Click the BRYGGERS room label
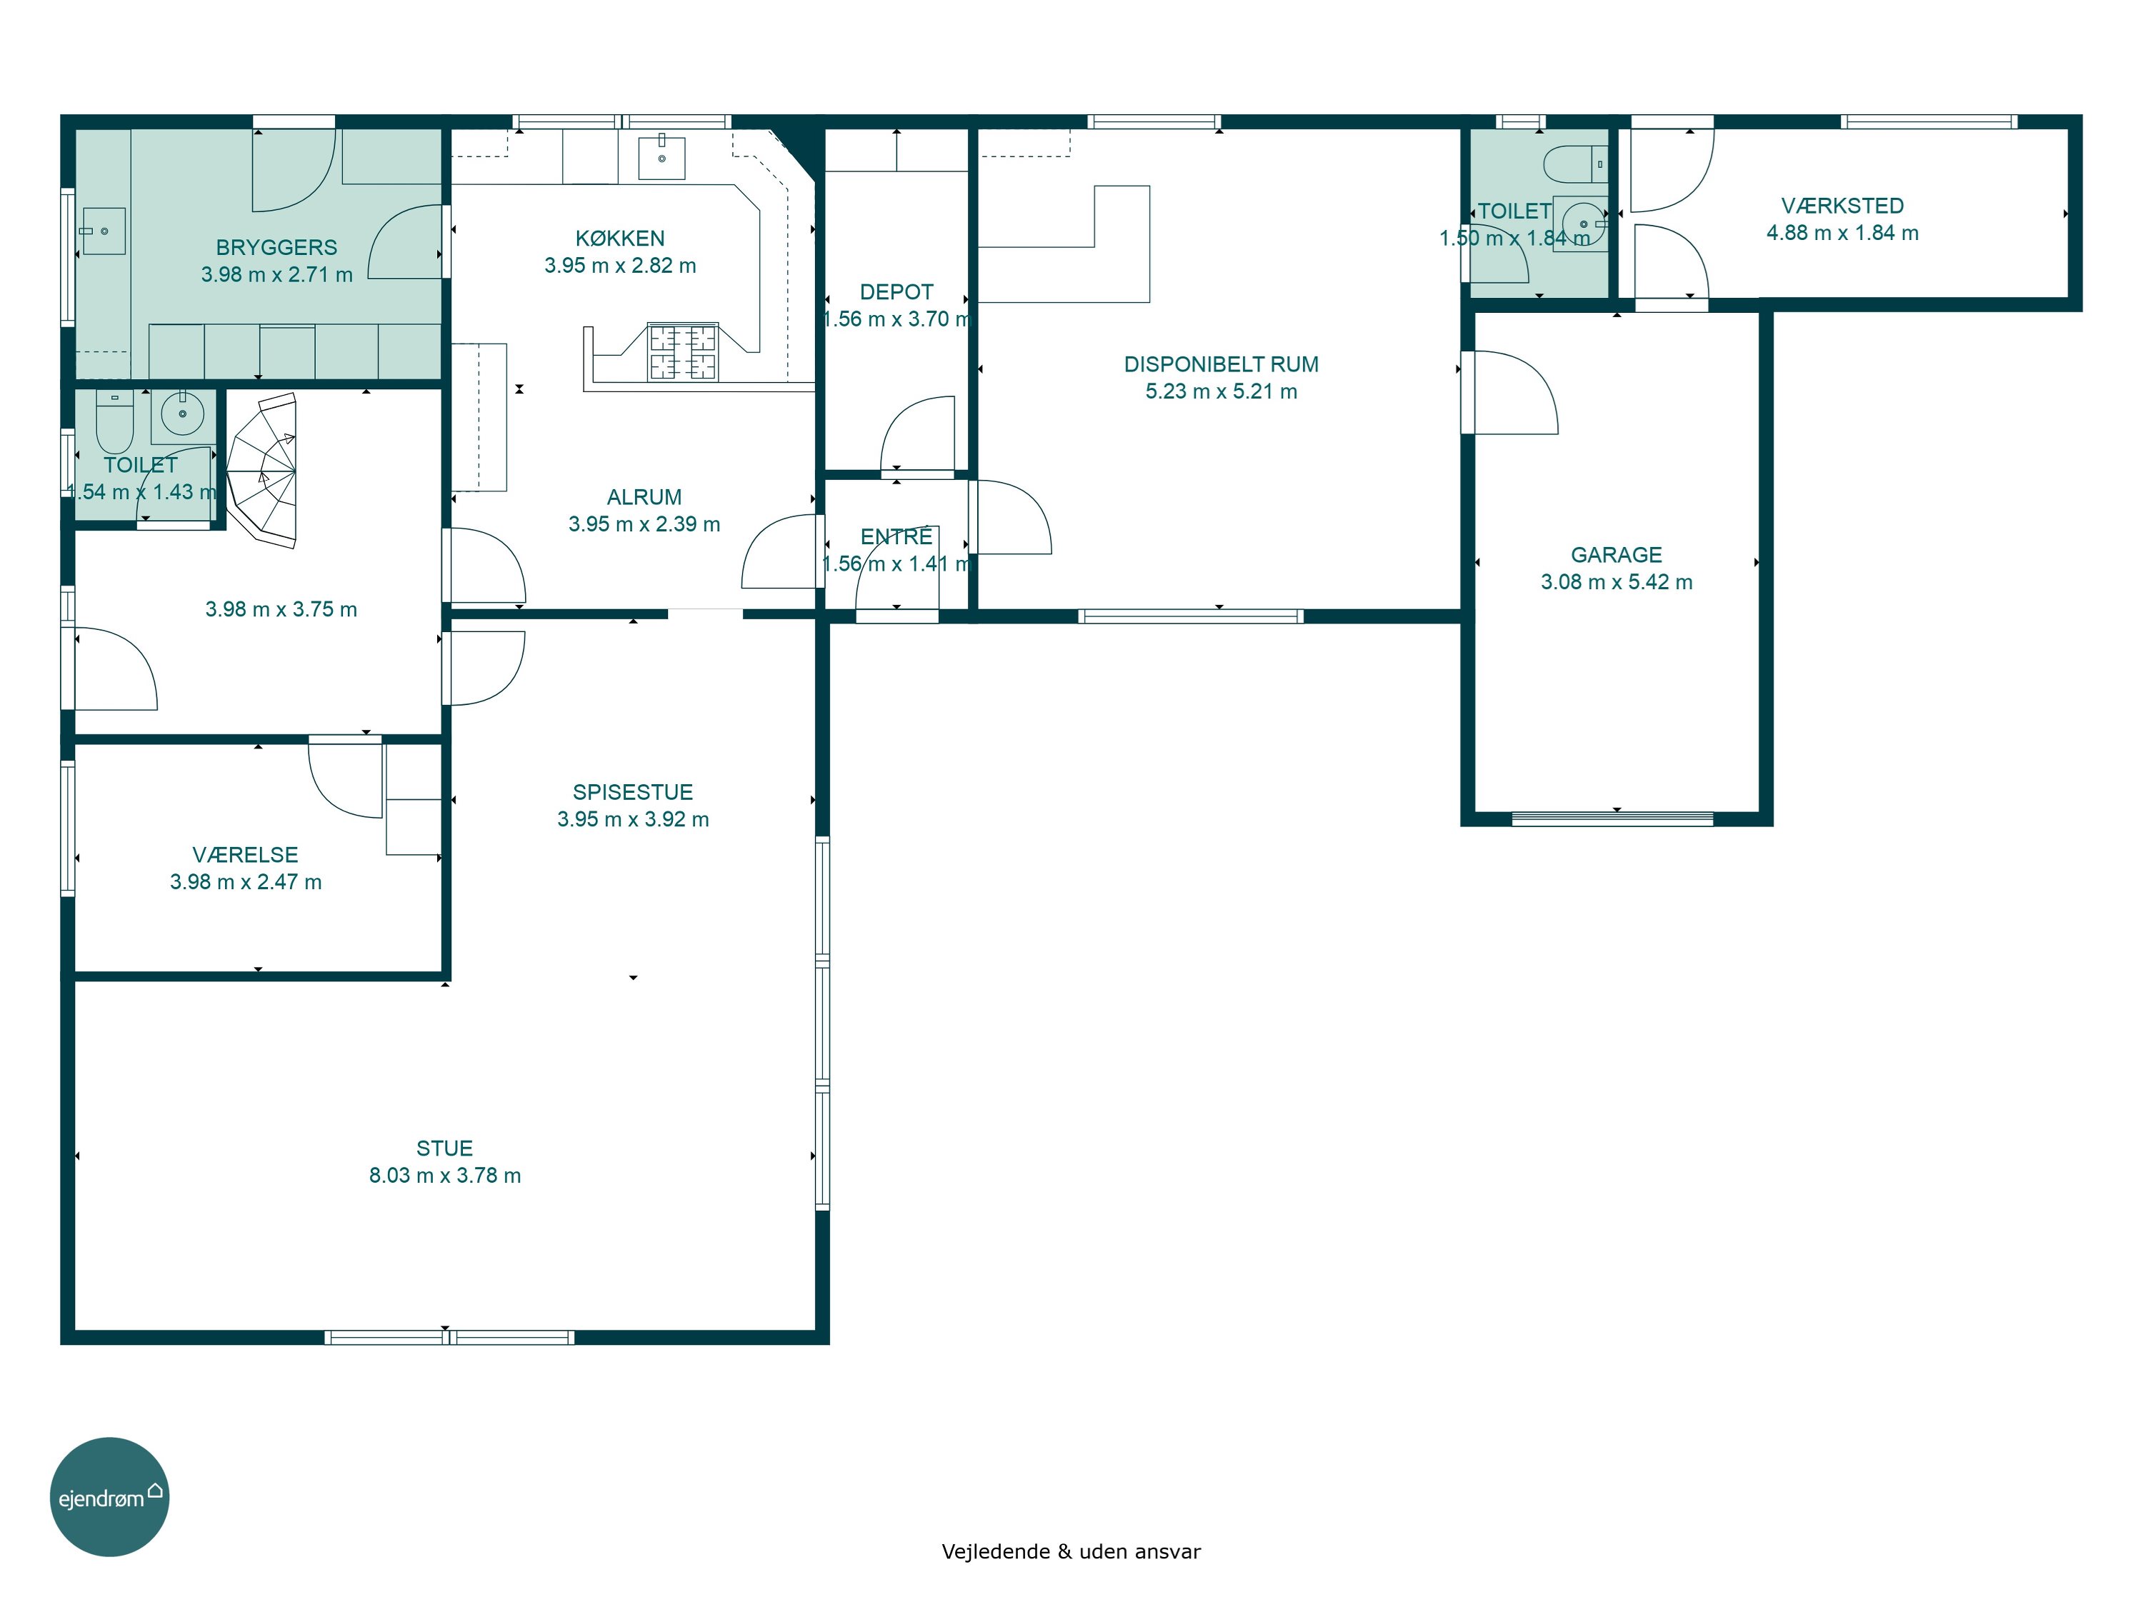(276, 248)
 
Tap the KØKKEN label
(620, 239)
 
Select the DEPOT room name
(896, 291)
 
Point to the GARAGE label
(1616, 555)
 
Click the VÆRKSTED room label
(1842, 206)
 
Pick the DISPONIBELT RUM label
(1221, 364)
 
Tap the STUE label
(445, 1148)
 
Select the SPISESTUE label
(633, 792)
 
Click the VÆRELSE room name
(245, 854)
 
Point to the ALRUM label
(644, 497)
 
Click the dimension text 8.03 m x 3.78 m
(445, 1175)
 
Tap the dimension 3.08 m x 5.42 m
(1616, 582)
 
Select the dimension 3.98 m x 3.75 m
(281, 609)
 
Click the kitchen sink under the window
(661, 158)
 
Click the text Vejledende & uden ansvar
(1071, 1552)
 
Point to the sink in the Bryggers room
(104, 231)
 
